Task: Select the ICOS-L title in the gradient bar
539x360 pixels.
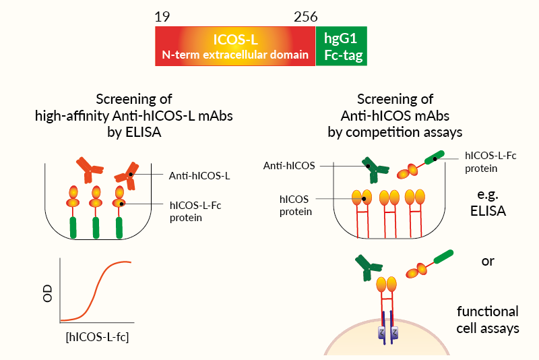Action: pos(235,39)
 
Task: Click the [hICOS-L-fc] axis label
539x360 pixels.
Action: pos(98,336)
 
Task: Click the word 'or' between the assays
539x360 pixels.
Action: pos(487,261)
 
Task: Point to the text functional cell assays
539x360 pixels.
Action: pos(487,320)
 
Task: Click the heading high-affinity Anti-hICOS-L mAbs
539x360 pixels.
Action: pos(133,115)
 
